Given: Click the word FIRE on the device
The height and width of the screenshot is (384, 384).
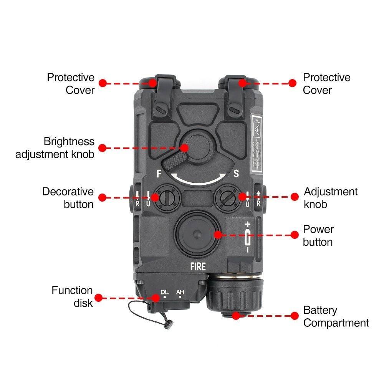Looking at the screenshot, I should [x=198, y=266].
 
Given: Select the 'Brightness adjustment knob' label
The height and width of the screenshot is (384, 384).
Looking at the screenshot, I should [x=55, y=148].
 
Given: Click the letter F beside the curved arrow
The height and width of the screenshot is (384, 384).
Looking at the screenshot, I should [x=159, y=174].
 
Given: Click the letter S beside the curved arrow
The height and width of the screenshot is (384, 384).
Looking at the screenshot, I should [x=236, y=174].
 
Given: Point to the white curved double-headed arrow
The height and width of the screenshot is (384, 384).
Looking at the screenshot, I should [x=198, y=180].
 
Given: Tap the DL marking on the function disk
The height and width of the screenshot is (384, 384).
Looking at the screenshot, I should [x=164, y=293].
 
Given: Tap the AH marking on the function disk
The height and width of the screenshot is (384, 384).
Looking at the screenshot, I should [x=180, y=293].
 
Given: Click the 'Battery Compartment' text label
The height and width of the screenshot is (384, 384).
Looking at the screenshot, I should [x=336, y=316].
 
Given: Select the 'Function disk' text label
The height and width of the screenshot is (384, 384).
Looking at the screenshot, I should [x=72, y=296].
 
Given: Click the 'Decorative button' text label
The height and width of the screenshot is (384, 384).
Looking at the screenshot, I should [x=68, y=198].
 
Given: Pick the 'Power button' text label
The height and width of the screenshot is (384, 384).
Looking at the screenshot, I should [x=318, y=235].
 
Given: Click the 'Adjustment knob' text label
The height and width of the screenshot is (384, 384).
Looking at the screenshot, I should [x=331, y=198].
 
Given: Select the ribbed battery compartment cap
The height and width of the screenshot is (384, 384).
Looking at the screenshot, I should [x=235, y=296].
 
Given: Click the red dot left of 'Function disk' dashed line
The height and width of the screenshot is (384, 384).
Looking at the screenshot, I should [x=98, y=298].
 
